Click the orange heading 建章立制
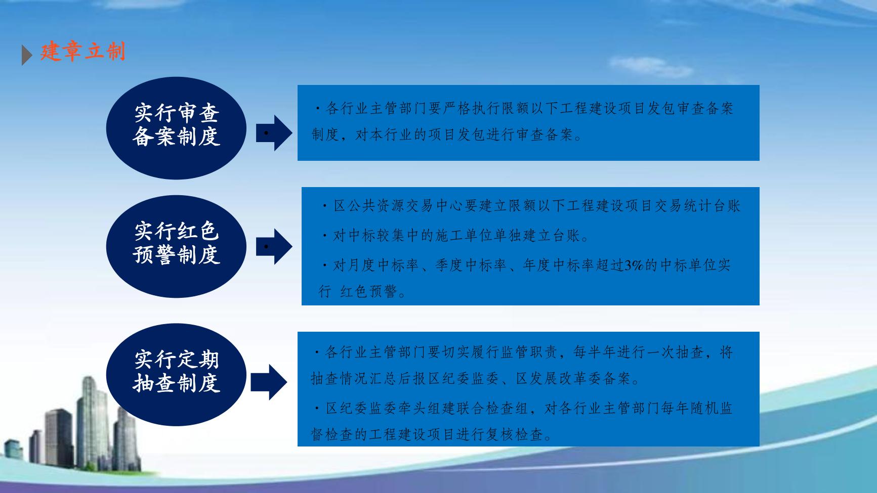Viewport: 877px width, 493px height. [x=83, y=52]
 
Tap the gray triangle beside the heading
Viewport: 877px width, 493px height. [x=27, y=55]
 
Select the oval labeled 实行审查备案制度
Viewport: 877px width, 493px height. [x=176, y=128]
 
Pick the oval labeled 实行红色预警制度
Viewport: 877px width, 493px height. [x=176, y=246]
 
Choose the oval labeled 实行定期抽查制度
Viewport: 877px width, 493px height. [x=176, y=375]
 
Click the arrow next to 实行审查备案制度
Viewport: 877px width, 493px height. [x=274, y=133]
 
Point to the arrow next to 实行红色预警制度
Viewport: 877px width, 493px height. [x=274, y=246]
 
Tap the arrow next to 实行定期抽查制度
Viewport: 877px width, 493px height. [x=269, y=382]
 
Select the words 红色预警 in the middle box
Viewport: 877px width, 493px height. [x=368, y=292]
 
